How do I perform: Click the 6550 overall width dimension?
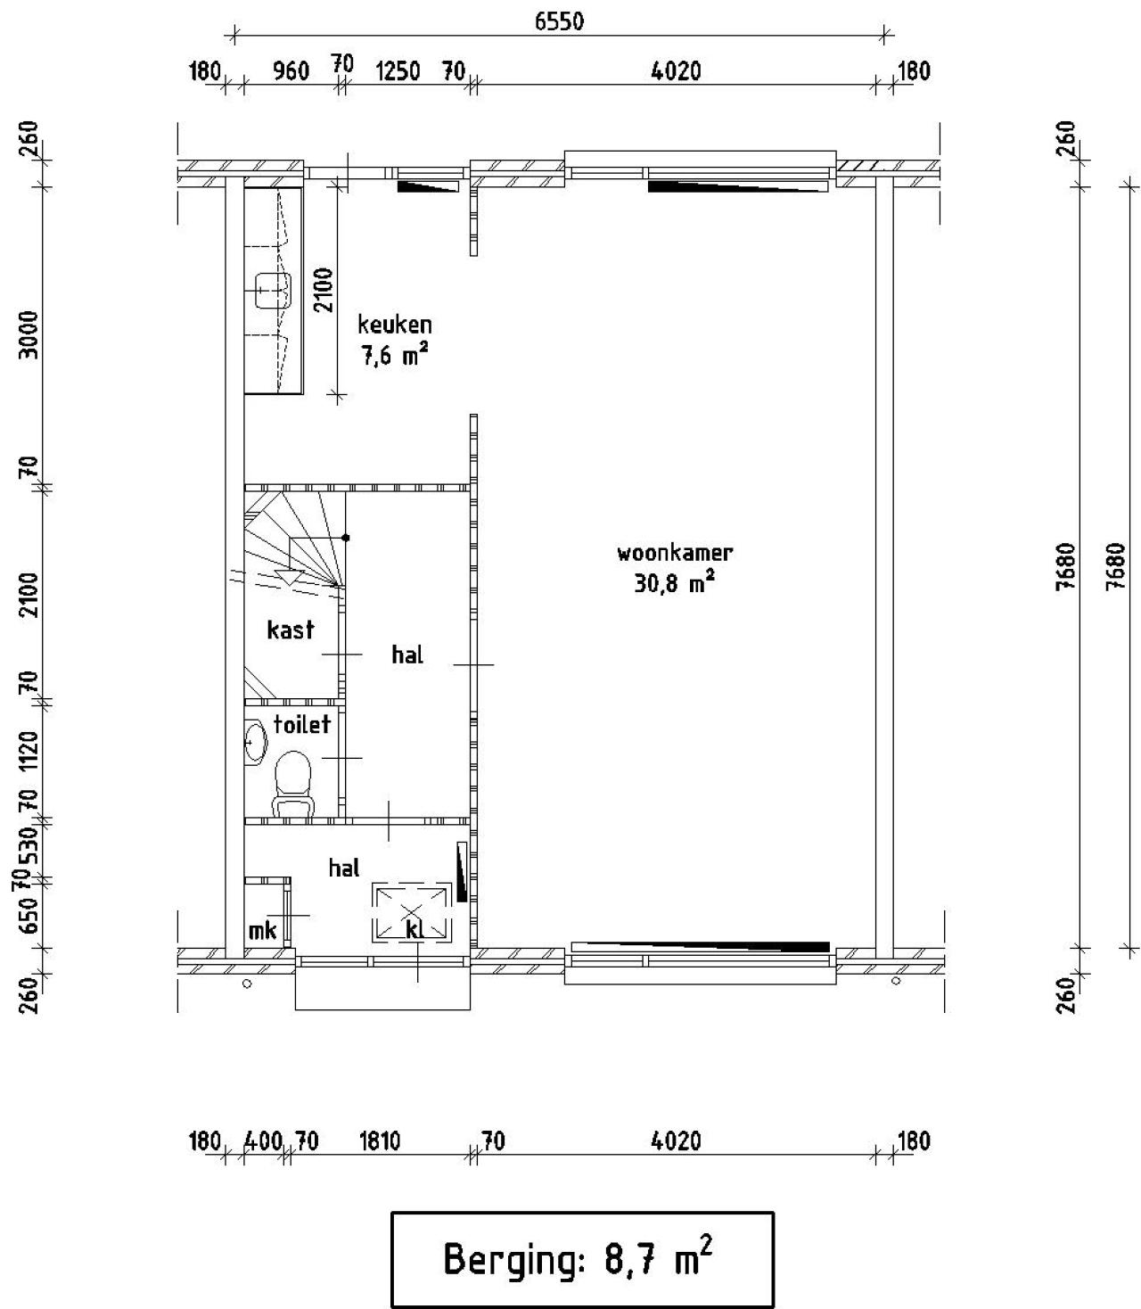point(559,21)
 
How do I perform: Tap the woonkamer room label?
point(675,553)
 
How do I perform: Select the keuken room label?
point(395,325)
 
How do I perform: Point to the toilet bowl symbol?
point(293,784)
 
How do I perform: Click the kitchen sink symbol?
point(273,291)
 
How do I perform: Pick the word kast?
point(291,630)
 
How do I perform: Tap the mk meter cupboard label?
point(262,930)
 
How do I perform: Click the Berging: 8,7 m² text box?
point(582,1259)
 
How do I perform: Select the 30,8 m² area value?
point(674,582)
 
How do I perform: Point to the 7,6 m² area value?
point(395,354)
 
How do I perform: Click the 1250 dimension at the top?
point(398,71)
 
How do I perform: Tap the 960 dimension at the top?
point(291,71)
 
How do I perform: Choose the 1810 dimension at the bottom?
point(380,1140)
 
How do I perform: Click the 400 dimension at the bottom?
point(263,1140)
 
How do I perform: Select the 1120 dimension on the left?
point(29,753)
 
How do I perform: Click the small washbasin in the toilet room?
point(255,742)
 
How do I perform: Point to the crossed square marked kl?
point(413,911)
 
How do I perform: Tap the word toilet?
point(302,724)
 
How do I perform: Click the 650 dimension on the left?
point(29,916)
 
